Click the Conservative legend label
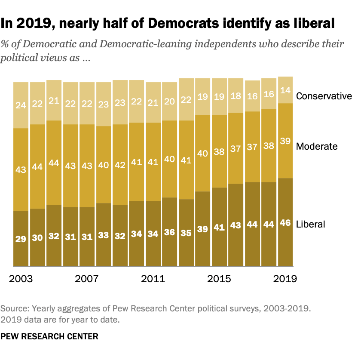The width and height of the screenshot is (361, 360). pos(324,96)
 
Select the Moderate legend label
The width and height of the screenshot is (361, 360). pos(317,146)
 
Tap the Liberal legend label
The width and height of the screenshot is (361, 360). pos(311,224)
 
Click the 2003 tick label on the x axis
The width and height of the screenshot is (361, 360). pos(21,279)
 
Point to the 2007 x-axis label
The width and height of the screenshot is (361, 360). pos(87,279)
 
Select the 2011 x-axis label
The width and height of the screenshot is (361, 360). pos(153,279)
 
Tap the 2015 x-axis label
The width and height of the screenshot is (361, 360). pos(220,279)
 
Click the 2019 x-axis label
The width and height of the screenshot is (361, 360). pos(285,279)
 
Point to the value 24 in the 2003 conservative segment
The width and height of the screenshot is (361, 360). pos(21,105)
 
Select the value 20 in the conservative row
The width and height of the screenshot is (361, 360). pos(170,101)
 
